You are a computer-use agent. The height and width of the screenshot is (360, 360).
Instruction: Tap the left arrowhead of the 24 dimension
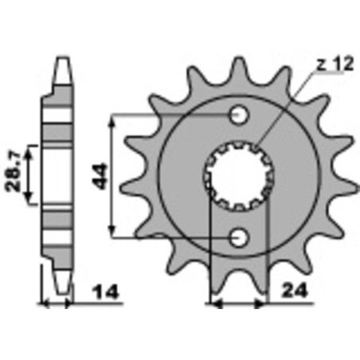(x=214, y=303)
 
